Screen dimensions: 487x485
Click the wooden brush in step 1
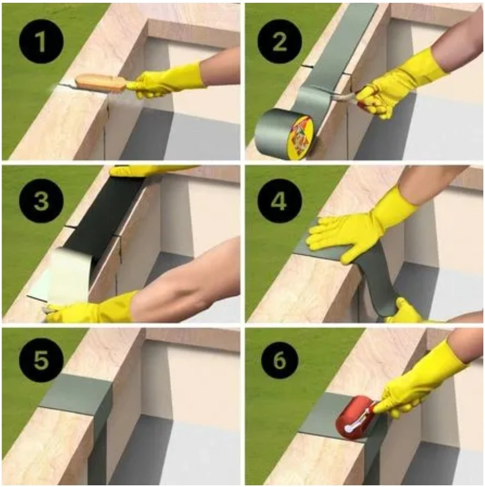(x=100, y=82)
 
